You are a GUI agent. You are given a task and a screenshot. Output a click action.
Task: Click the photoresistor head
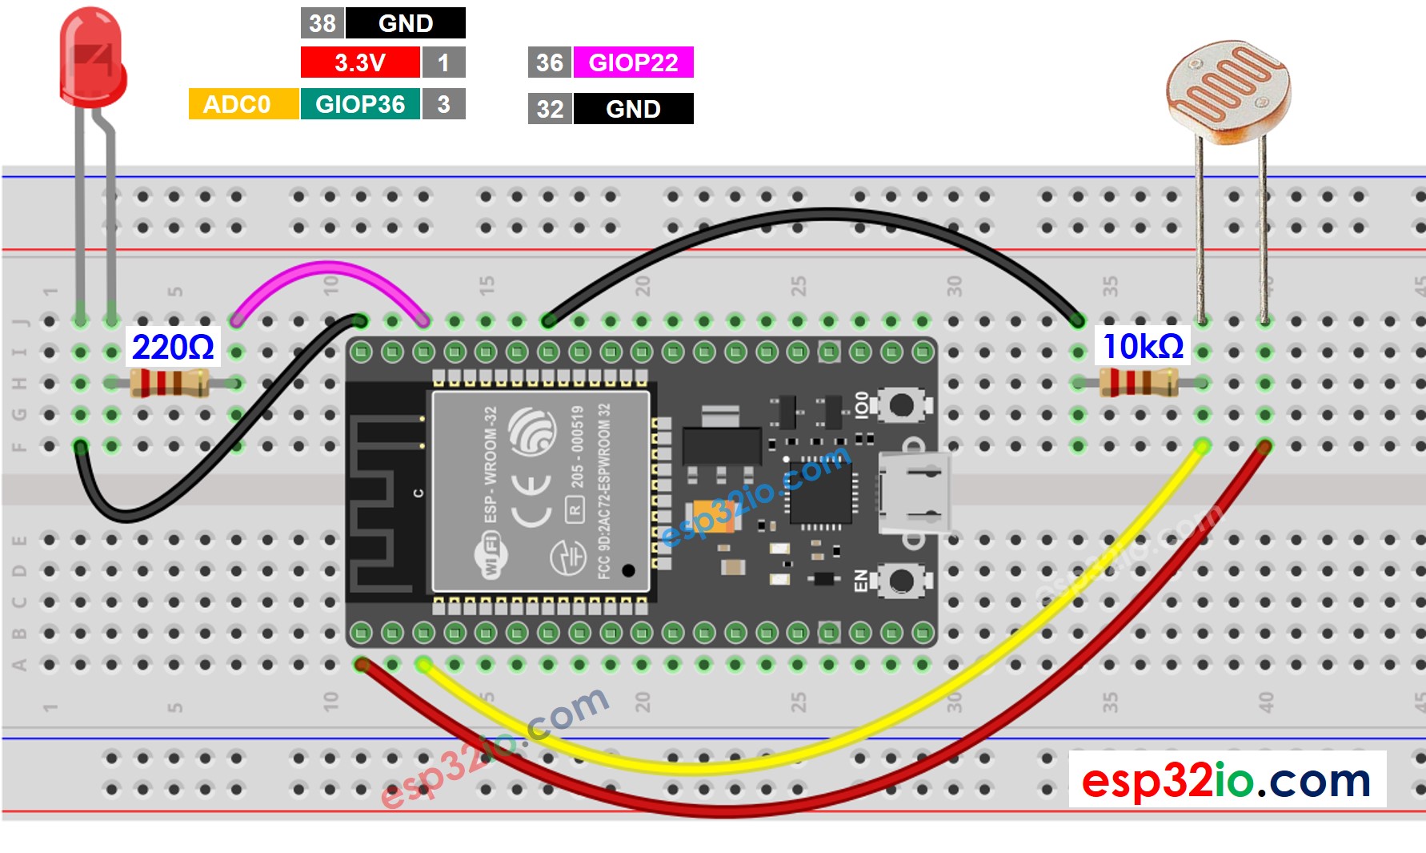point(1228,92)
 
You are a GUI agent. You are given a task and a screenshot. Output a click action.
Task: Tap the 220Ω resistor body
point(170,383)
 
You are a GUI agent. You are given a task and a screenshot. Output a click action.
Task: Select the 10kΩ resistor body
point(1138,382)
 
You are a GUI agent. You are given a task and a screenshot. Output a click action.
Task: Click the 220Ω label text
point(173,347)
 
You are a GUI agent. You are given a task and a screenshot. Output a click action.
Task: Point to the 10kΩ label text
point(1143,346)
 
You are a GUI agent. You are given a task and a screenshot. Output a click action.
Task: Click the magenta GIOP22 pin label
point(633,62)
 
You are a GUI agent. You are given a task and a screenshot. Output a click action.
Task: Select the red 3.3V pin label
point(360,62)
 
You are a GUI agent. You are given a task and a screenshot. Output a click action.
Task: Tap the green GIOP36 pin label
point(360,104)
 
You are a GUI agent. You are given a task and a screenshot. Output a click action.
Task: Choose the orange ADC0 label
point(237,104)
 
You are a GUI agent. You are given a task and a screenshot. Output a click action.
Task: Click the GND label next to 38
point(405,23)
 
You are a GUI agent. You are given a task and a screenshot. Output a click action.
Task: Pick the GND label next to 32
point(633,109)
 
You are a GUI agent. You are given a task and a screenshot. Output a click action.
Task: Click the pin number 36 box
point(549,62)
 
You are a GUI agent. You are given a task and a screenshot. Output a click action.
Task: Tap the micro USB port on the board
point(914,492)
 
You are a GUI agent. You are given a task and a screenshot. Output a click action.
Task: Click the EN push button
point(902,581)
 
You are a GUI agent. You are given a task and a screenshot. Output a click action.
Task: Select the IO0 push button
point(902,404)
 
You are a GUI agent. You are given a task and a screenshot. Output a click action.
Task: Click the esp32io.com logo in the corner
point(1226,780)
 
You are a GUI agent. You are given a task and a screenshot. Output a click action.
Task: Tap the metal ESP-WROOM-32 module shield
point(541,491)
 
